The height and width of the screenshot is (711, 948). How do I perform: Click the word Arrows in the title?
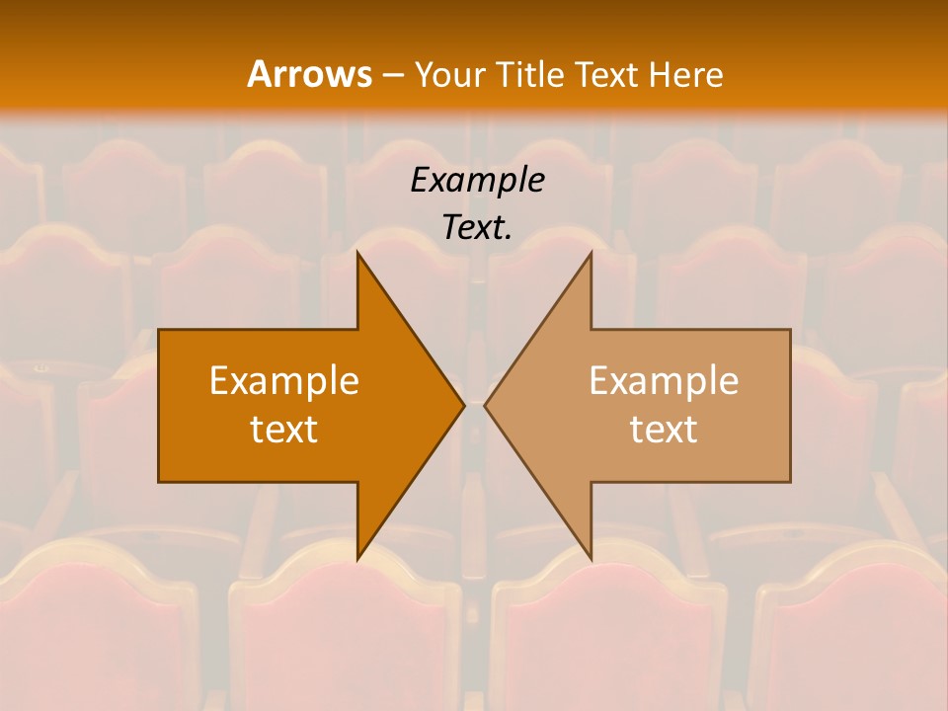(308, 74)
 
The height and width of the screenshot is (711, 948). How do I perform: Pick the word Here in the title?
(687, 74)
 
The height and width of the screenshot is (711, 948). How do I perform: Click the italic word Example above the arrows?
(477, 180)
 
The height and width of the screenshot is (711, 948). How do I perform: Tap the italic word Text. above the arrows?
(477, 227)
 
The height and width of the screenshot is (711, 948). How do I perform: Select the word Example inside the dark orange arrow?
(284, 380)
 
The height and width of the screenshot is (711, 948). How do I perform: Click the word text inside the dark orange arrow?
(284, 429)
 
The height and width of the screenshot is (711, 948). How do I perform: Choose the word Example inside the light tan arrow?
(664, 380)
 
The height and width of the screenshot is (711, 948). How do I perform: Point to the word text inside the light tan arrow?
(664, 429)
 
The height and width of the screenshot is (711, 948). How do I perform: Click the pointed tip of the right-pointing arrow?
(463, 405)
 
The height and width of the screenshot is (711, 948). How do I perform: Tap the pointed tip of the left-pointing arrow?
(486, 405)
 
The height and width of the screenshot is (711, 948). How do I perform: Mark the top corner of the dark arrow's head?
(358, 253)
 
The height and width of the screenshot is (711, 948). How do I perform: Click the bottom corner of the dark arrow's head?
(358, 558)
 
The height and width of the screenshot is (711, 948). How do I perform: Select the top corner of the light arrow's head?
(591, 253)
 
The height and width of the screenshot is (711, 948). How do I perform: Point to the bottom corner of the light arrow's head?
(591, 558)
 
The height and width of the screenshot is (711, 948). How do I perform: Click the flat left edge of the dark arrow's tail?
(159, 405)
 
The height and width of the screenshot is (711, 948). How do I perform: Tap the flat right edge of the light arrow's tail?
(790, 405)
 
